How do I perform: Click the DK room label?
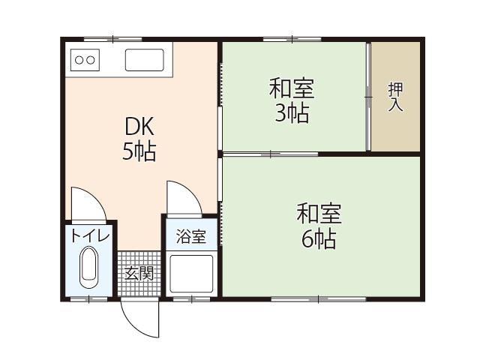pos(139,125)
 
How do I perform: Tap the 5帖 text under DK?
pos(139,151)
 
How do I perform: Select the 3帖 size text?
pos(292,115)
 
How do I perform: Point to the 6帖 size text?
pos(319,239)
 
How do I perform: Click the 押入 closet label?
pos(395,97)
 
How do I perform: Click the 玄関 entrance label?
pos(139,273)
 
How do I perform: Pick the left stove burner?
pos(77,59)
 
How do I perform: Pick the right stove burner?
pos(90,59)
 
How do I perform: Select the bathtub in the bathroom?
pos(190,273)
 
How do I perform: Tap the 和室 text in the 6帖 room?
pos(319,214)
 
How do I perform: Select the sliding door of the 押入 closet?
pos(368,97)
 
